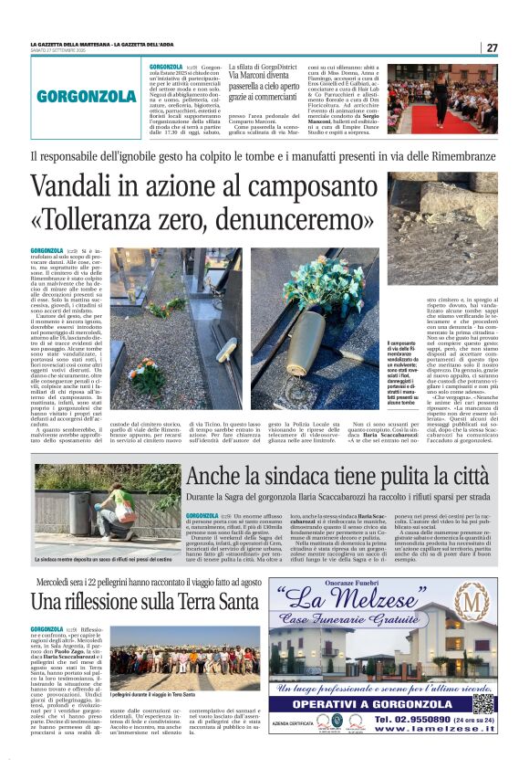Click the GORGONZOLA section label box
pos(87,96)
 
